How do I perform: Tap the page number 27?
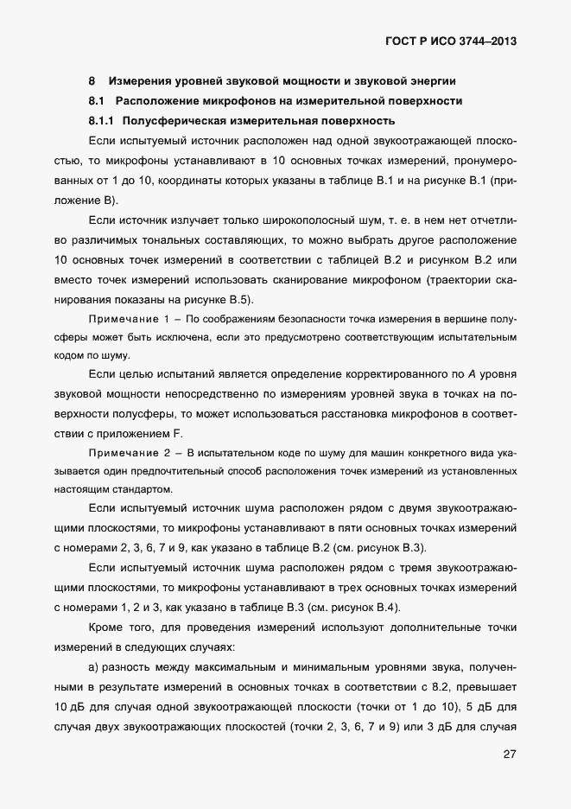(510, 755)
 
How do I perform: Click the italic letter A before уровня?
(471, 373)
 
